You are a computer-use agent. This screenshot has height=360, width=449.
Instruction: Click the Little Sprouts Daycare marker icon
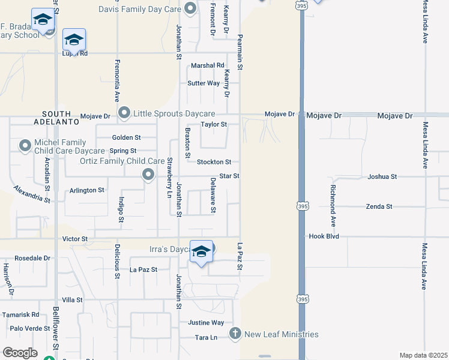tap(124, 113)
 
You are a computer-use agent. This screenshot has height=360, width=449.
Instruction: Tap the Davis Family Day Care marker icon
tap(191, 8)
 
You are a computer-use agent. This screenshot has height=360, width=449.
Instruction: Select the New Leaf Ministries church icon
tap(235, 334)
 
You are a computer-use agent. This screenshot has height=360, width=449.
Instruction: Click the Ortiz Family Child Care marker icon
tap(148, 175)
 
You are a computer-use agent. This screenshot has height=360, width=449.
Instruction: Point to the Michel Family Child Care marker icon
tap(25, 145)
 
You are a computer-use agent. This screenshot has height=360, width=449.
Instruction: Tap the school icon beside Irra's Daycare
tap(202, 253)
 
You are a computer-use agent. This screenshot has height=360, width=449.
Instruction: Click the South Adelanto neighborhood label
tap(61, 117)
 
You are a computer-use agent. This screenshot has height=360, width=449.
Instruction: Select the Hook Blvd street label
tap(324, 236)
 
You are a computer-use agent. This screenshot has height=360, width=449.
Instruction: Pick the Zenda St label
tap(379, 206)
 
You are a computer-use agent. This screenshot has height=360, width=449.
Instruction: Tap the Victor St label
tap(75, 239)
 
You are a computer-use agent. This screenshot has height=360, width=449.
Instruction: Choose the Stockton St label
tap(214, 162)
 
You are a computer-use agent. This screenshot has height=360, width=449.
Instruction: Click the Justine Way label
tap(206, 322)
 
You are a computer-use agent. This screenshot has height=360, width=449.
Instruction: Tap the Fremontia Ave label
tap(118, 80)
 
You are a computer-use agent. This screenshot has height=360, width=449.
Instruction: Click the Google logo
tap(20, 353)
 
